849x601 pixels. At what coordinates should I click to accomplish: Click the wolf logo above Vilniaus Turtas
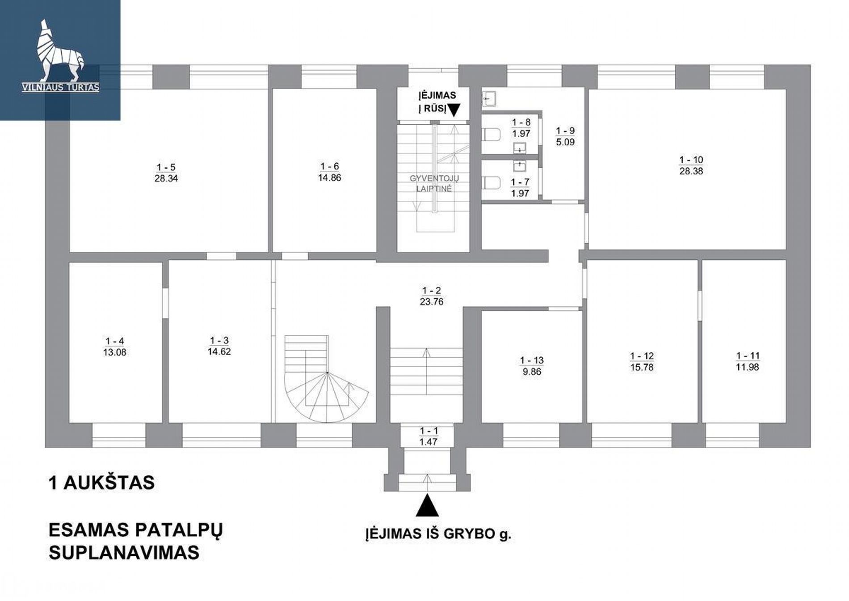coord(60,51)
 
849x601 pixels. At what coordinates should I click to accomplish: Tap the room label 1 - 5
coord(166,167)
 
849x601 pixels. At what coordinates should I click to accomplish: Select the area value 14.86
coord(330,178)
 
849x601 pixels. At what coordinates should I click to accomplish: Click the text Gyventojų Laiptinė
coord(434,183)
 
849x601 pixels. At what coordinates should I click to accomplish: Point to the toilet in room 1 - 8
coord(492,134)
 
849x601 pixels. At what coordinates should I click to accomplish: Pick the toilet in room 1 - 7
coord(492,182)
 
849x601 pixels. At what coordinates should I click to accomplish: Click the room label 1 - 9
coord(565,131)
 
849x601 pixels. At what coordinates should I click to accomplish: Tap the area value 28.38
coord(691,171)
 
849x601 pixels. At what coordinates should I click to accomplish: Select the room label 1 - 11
coord(748,356)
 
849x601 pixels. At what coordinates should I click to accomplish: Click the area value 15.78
coord(642,367)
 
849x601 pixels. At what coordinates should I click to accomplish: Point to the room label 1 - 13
coord(532,360)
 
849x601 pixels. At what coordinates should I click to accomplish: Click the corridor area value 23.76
coord(432,302)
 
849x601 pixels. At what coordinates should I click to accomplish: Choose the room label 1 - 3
coord(219,341)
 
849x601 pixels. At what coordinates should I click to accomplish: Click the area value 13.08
coord(115,352)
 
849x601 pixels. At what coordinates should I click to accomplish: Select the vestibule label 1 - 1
coord(429,431)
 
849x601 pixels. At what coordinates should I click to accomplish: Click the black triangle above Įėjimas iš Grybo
coord(427,505)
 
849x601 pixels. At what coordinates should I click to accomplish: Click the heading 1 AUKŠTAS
coord(102,483)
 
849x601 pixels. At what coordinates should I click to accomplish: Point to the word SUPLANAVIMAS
coord(124,553)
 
